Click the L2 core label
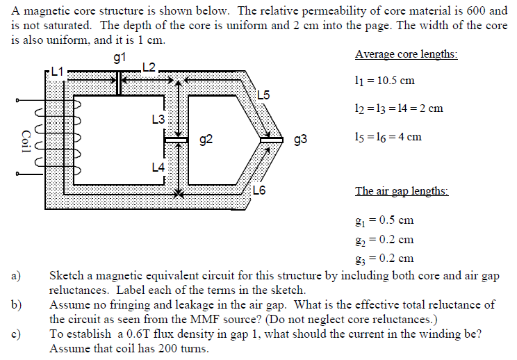click(x=149, y=67)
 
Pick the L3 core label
click(x=158, y=120)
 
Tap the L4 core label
click(x=158, y=167)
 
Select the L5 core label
click(x=264, y=95)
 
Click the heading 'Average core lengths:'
click(x=406, y=54)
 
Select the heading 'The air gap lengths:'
click(x=402, y=191)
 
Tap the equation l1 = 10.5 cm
click(x=384, y=81)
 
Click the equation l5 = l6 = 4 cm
click(x=388, y=136)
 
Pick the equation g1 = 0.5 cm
click(x=384, y=220)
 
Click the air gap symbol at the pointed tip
click(x=271, y=140)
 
